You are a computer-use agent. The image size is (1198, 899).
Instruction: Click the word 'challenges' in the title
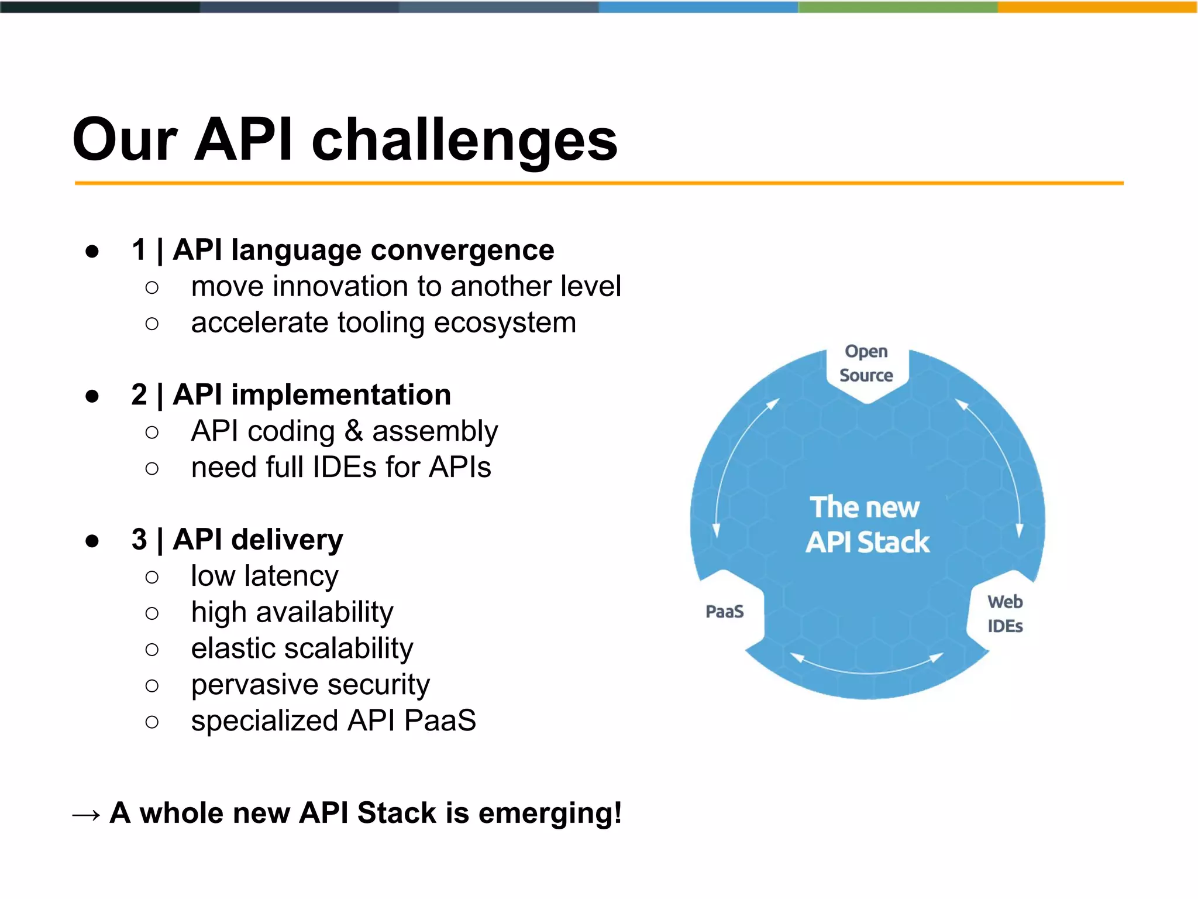click(464, 140)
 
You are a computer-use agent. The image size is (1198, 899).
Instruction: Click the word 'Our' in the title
click(125, 140)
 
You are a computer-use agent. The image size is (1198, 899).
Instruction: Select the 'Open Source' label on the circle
click(866, 363)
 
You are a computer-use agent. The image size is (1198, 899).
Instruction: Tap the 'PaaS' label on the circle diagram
click(725, 612)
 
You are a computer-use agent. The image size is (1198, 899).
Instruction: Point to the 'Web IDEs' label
click(1005, 614)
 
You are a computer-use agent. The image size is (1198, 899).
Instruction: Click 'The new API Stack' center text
click(866, 524)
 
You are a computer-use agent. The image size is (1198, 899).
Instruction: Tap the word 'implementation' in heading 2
click(341, 395)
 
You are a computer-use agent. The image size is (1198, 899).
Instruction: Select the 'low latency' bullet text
click(264, 576)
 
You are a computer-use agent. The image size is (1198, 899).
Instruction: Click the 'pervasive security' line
click(310, 685)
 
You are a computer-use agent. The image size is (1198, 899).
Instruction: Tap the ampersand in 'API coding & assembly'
click(353, 431)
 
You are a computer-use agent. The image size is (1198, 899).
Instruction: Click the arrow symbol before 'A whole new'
click(86, 815)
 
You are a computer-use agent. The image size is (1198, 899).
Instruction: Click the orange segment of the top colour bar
click(1097, 6)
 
